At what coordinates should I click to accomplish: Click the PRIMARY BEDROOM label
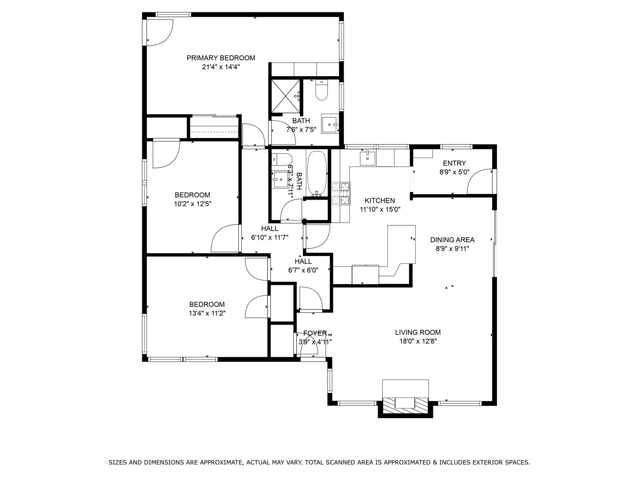tap(221, 58)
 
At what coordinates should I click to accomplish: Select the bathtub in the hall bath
tap(317, 173)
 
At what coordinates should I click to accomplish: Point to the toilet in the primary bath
tap(321, 91)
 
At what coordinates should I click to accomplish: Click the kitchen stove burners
tap(341, 194)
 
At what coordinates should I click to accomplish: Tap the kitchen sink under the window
tap(367, 157)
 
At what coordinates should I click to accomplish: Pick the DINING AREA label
tap(452, 240)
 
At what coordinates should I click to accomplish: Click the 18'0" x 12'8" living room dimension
tap(418, 342)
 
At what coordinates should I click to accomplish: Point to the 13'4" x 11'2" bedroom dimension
tap(207, 314)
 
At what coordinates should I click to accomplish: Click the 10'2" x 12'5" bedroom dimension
tap(192, 204)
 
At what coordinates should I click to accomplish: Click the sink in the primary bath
tap(329, 124)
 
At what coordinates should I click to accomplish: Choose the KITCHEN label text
tap(379, 200)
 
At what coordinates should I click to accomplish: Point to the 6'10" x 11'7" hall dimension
tap(270, 238)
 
